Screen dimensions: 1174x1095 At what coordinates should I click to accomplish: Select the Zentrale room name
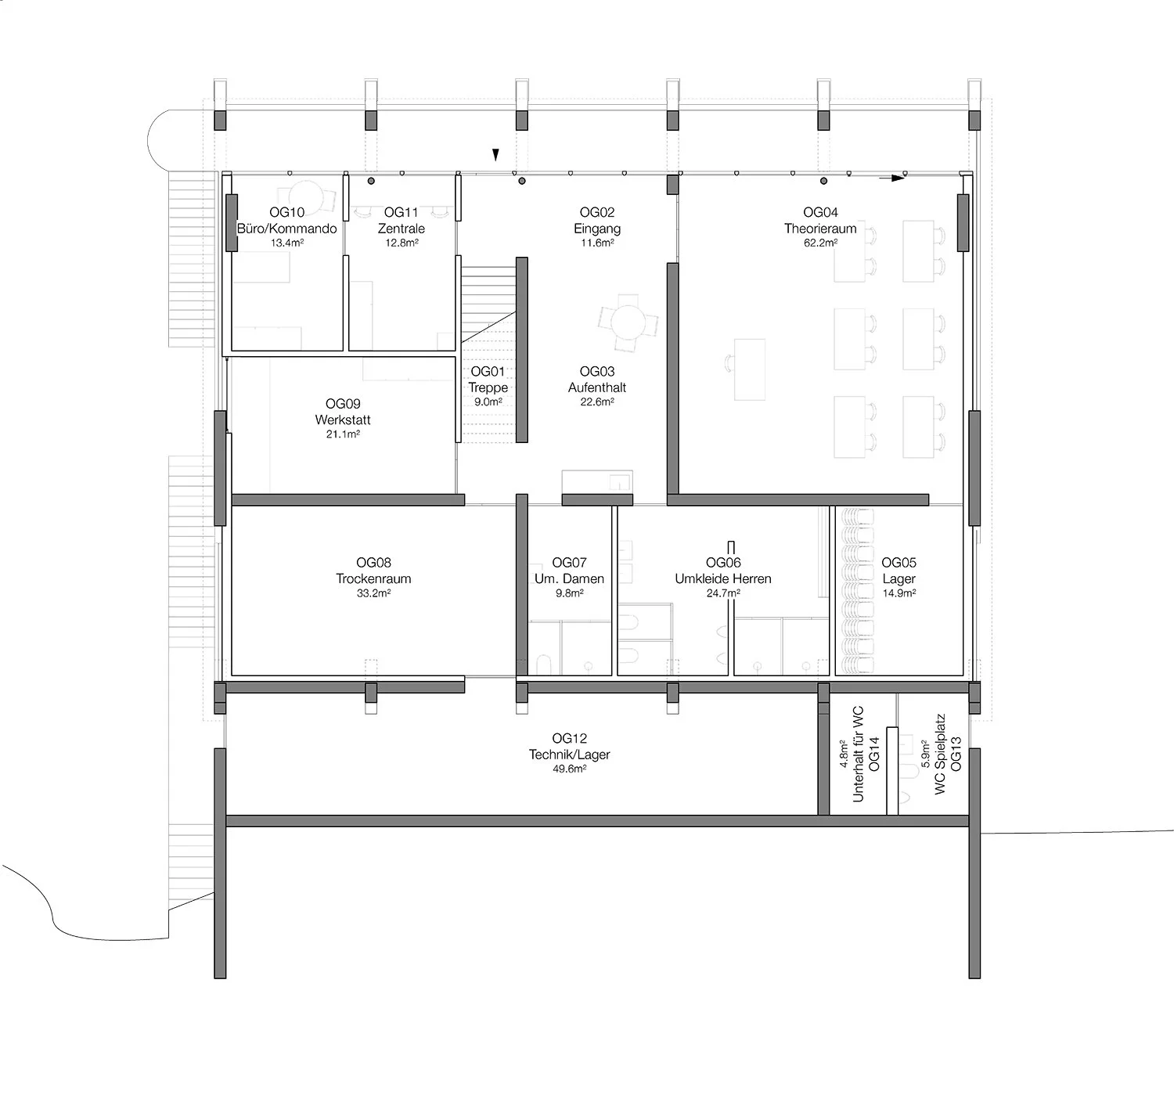402,229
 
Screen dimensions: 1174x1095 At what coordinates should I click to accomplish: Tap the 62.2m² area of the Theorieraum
820,243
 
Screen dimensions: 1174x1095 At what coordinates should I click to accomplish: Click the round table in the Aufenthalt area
628,322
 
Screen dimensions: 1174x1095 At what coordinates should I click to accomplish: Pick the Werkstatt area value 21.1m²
343,434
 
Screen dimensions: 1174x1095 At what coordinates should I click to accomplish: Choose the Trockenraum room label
373,579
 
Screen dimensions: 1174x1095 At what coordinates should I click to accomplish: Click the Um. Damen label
569,579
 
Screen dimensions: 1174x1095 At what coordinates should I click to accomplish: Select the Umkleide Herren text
723,579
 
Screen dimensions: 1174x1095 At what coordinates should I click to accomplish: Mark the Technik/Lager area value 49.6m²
569,769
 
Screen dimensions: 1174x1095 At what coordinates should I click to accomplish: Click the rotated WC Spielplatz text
940,754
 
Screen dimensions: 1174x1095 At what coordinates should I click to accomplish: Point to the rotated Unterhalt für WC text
858,754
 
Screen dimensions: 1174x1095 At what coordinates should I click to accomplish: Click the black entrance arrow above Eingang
496,155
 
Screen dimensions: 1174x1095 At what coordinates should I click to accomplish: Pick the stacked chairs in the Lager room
856,591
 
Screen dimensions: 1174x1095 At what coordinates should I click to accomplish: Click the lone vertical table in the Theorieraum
750,369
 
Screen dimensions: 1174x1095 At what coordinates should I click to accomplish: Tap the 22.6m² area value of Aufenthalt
597,402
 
